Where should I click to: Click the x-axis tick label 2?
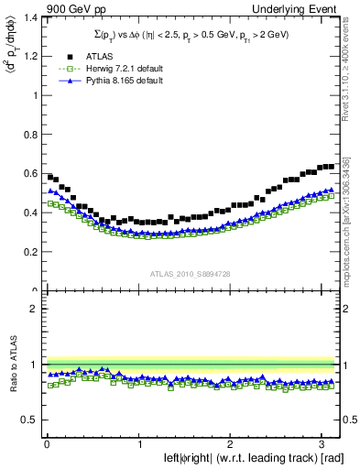pyautogui.click(x=231, y=443)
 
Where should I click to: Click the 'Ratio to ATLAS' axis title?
pyautogui.click(x=12, y=364)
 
